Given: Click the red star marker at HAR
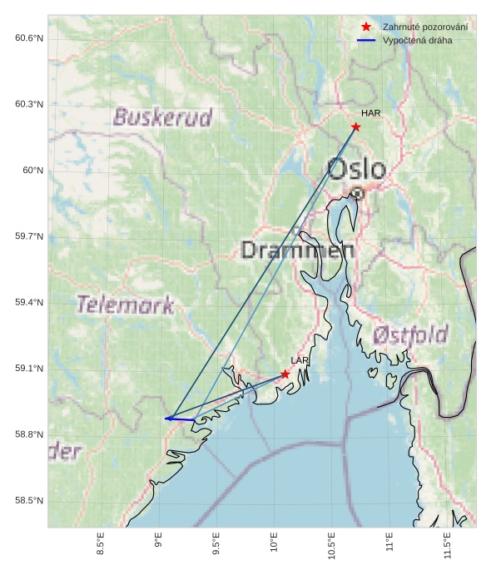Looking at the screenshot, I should (355, 126).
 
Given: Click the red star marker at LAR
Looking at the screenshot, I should (285, 374).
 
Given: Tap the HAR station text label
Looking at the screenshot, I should (370, 113).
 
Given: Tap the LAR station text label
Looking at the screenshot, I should (300, 360).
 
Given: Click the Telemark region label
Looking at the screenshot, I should (125, 305).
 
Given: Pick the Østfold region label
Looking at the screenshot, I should (410, 335).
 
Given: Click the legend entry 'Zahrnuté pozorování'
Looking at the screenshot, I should (424, 27).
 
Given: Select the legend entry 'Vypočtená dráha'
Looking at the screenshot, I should (417, 40).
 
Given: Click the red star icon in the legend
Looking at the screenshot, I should (366, 27).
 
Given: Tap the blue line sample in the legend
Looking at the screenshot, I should (366, 40).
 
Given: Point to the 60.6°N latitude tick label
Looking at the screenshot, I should (28, 38).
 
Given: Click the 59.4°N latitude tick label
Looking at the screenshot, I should (28, 302).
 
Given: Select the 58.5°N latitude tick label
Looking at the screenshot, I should (28, 500).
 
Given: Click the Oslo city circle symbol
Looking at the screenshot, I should (357, 192).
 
